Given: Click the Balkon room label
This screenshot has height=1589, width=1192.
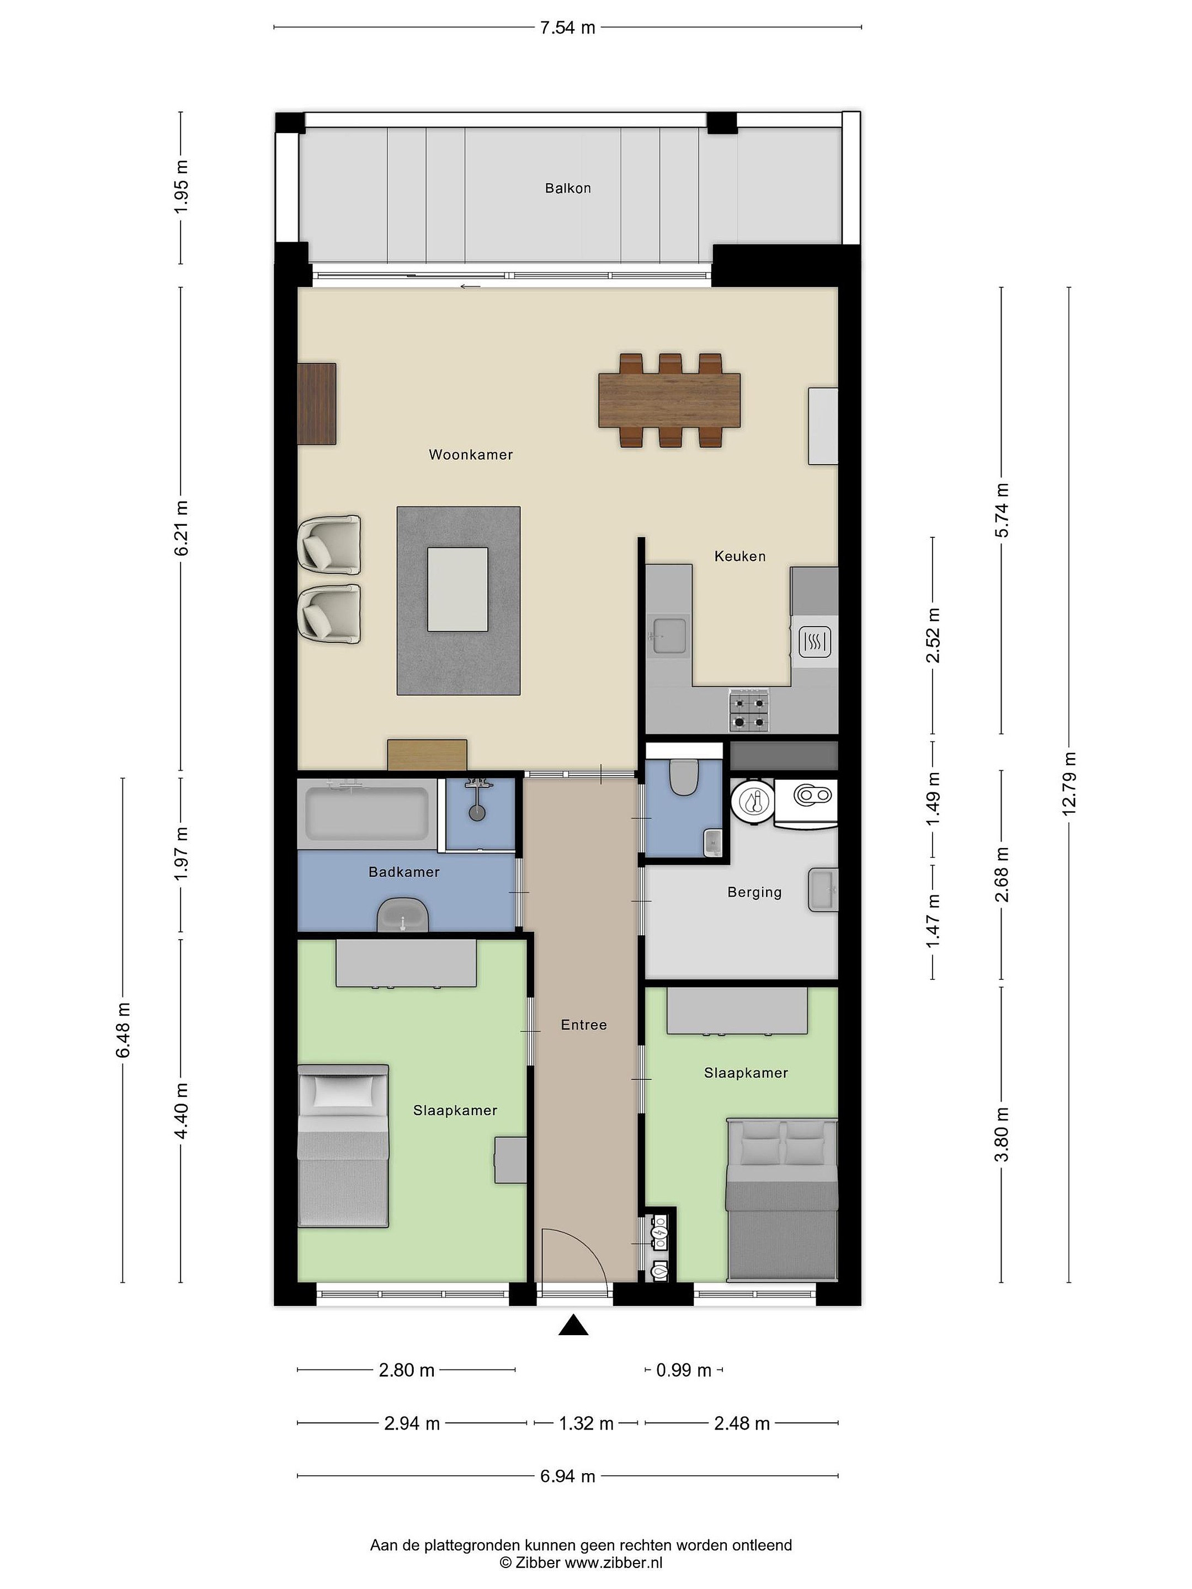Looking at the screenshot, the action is [x=568, y=188].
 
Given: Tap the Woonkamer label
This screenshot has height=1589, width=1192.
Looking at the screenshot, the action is [x=471, y=454].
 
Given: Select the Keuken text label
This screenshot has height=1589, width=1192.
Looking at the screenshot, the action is [x=739, y=556].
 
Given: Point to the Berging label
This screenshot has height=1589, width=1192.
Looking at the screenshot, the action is [x=754, y=892].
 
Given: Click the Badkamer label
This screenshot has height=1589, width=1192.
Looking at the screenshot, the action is [x=404, y=872].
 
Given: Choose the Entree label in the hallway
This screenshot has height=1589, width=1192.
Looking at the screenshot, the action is [x=583, y=1025].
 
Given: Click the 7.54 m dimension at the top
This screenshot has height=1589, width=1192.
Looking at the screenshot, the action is [x=568, y=28].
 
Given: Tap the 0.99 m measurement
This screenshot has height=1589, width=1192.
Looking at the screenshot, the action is [x=683, y=1370].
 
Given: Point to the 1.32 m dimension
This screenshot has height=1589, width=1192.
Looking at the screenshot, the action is [x=586, y=1423].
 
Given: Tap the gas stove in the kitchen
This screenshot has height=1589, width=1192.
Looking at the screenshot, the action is [x=749, y=711].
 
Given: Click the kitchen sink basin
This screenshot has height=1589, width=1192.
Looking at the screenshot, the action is [x=668, y=635].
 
